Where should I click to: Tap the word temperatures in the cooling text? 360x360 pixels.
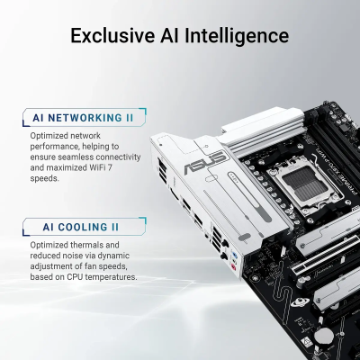coord(113,277)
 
